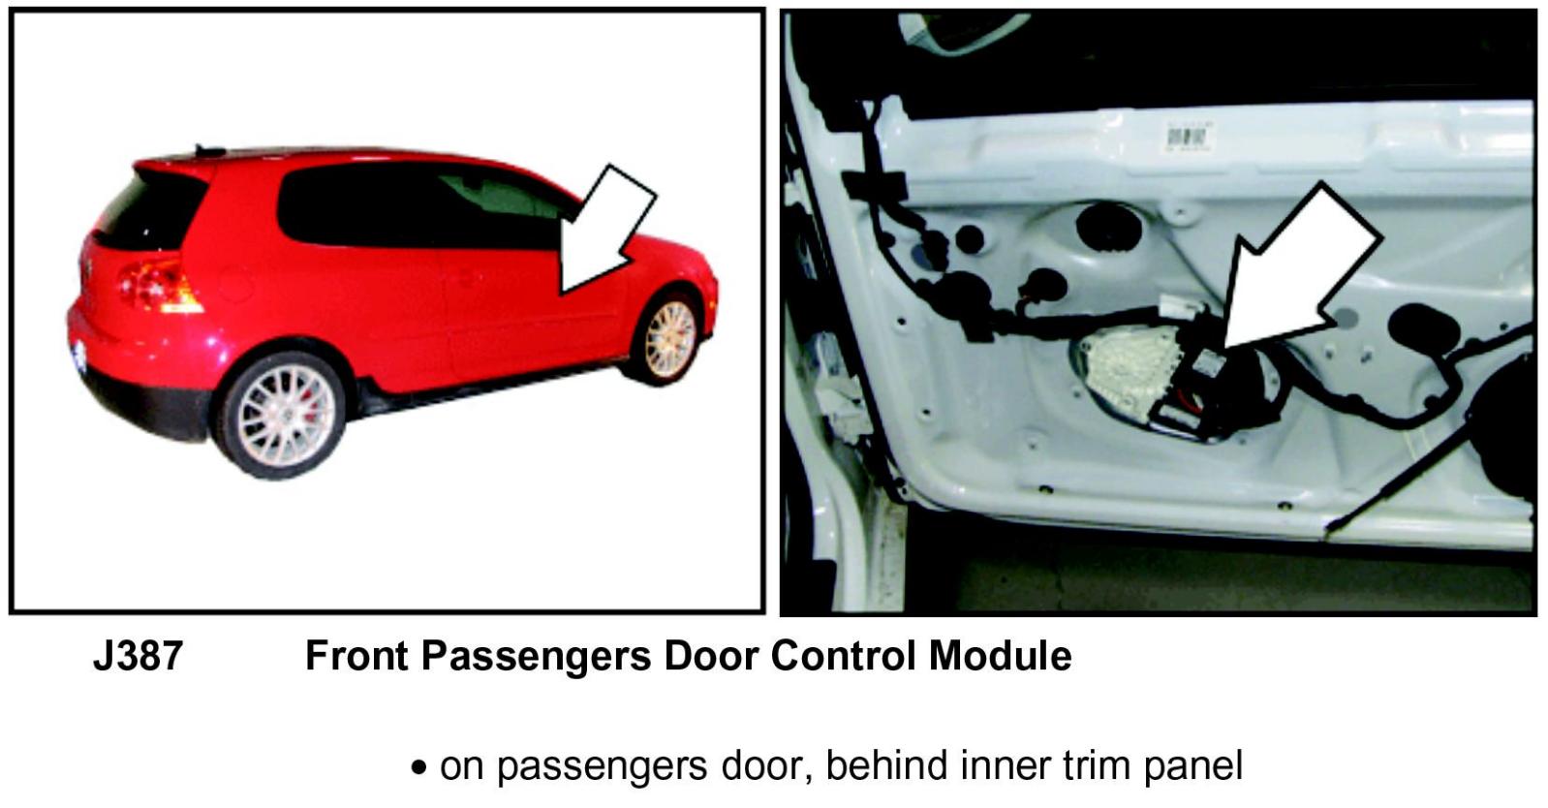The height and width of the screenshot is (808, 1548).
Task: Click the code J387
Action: click(x=139, y=655)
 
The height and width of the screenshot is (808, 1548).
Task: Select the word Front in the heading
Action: click(x=356, y=655)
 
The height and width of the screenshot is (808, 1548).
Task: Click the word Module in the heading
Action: click(x=1000, y=655)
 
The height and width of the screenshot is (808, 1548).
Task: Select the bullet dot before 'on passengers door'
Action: click(x=418, y=767)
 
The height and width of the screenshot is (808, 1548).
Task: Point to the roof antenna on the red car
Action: click(x=210, y=151)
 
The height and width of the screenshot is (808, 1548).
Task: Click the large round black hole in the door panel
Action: click(x=1108, y=226)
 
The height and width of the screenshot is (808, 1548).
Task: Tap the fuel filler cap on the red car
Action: click(x=235, y=284)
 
